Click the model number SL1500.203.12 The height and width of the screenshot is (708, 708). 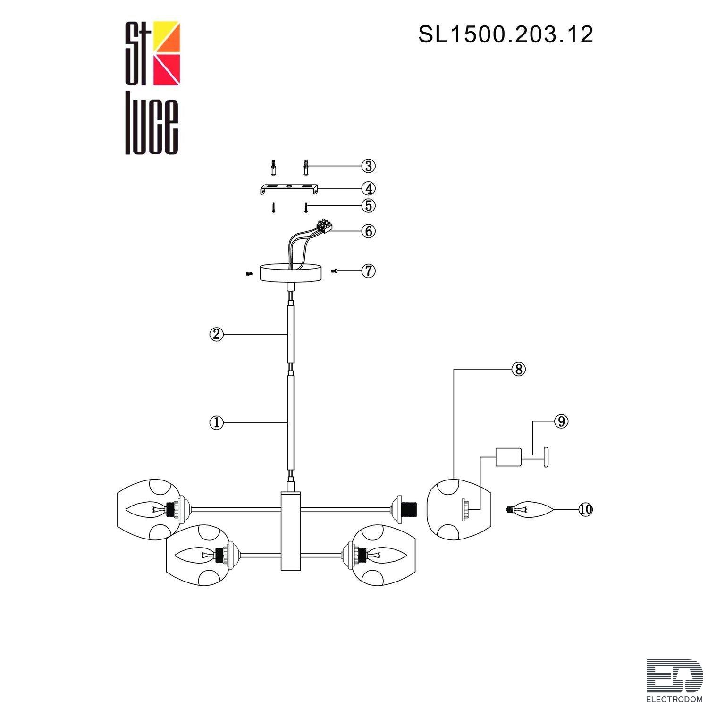pos(506,35)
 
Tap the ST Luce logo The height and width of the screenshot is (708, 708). pos(152,88)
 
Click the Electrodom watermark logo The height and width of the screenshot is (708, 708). pos(674,680)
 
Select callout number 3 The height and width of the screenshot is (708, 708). pos(368,166)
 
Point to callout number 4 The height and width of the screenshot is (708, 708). pos(368,188)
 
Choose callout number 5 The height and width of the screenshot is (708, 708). pos(368,206)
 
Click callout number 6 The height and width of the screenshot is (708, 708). pos(368,231)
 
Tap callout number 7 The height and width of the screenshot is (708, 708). pos(368,271)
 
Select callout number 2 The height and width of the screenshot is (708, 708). pos(216,334)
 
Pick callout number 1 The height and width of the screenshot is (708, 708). pos(216,422)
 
